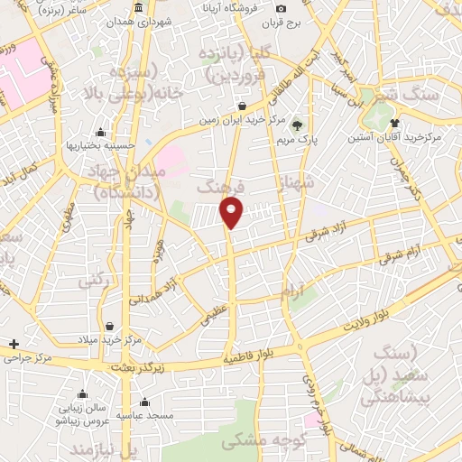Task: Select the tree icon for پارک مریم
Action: point(298,125)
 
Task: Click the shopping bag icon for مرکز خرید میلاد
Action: point(109,326)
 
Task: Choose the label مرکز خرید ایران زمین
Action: point(244,119)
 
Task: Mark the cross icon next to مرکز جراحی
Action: point(14,344)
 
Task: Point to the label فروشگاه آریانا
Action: point(207,7)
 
